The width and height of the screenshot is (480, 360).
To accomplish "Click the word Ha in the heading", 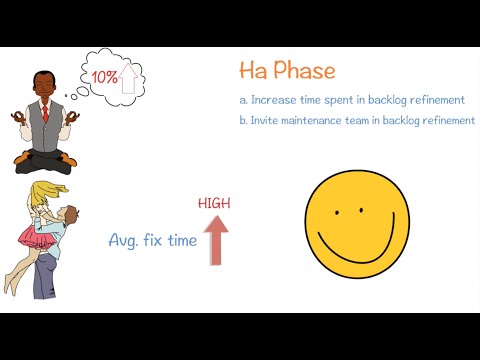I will click(x=252, y=72).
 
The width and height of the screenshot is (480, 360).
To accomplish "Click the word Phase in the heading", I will click(x=303, y=72).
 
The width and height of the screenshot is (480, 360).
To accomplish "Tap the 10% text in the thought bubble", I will click(x=103, y=76).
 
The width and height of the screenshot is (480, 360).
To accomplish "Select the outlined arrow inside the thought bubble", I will click(x=127, y=77).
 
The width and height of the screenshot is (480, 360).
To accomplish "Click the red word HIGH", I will click(x=214, y=203).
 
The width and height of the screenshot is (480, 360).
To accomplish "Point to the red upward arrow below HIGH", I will click(x=216, y=239).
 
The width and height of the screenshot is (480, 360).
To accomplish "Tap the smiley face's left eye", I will click(x=338, y=211).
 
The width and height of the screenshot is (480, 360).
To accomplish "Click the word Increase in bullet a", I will click(x=276, y=100).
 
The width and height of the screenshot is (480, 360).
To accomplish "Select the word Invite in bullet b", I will click(x=266, y=121).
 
